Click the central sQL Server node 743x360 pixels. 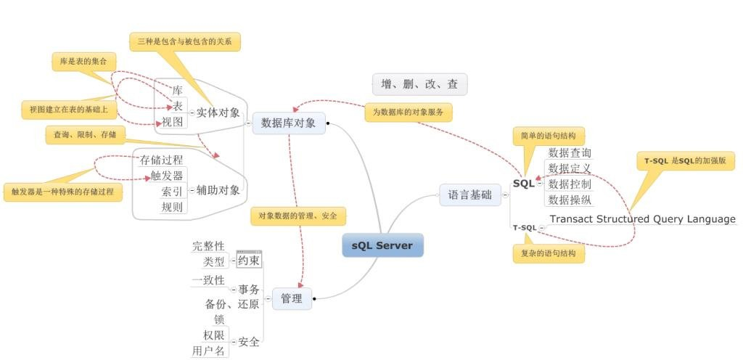click(382, 245)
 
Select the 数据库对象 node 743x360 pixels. click(289, 123)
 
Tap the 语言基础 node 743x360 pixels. click(469, 195)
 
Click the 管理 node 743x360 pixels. click(292, 298)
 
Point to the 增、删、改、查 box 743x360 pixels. click(419, 84)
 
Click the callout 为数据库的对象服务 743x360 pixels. click(408, 112)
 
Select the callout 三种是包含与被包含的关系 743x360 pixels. click(185, 41)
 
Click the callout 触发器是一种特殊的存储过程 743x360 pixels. click(62, 192)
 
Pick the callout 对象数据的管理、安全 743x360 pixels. click(298, 216)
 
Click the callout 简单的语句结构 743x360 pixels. click(549, 136)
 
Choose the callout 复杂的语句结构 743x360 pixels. click(549, 253)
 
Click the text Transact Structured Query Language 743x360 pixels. click(642, 219)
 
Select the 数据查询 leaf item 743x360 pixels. click(570, 153)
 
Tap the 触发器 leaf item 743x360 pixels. click(167, 176)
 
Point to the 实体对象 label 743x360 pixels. click(218, 112)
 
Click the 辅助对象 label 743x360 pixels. click(218, 190)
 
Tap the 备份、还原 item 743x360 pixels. click(232, 305)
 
